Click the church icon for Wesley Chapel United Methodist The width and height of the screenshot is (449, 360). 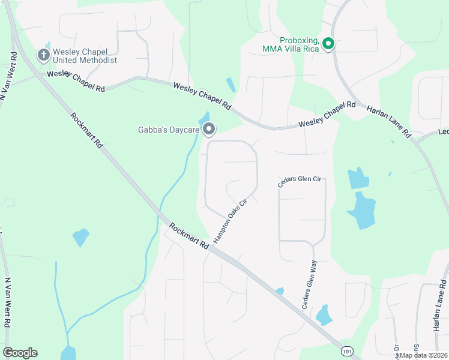coord(43,55)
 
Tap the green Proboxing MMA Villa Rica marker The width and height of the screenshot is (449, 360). coord(328,43)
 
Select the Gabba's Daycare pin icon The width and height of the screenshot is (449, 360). coord(209,129)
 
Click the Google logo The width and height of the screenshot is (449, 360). coord(20,353)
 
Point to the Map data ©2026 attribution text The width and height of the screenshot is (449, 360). coord(423,355)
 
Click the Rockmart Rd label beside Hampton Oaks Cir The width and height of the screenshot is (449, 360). coord(189,236)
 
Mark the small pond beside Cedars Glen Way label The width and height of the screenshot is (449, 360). coord(324,314)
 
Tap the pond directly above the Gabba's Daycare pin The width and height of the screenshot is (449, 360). coord(204,117)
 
